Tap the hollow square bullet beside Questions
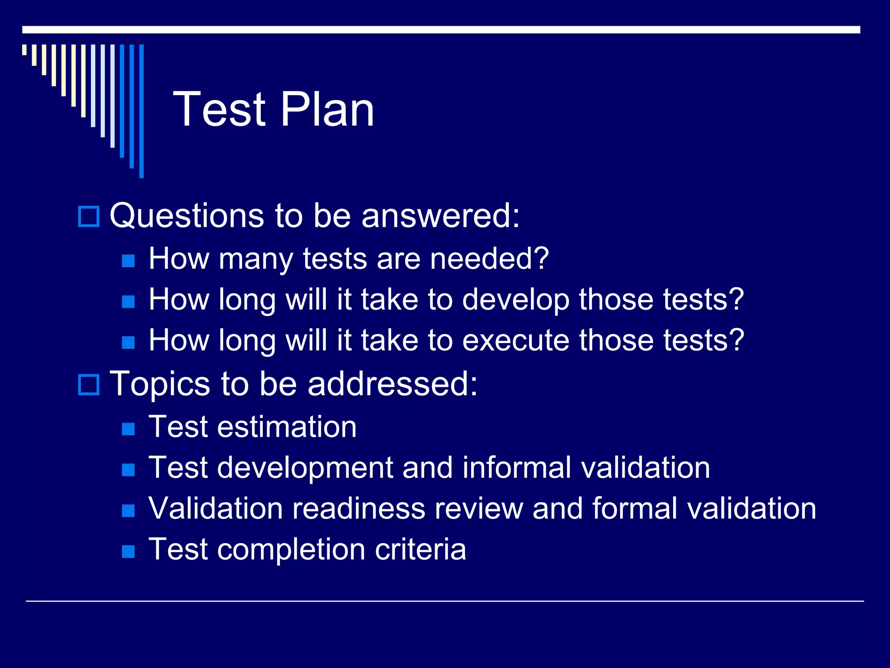[89, 216]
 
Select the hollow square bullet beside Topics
[89, 384]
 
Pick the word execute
[515, 341]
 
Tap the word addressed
[392, 384]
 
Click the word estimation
[287, 427]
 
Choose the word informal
[517, 468]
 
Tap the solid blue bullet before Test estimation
[128, 429]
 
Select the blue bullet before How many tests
[128, 261]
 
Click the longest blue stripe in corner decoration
[141, 111]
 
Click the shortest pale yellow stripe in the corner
[24, 50]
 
